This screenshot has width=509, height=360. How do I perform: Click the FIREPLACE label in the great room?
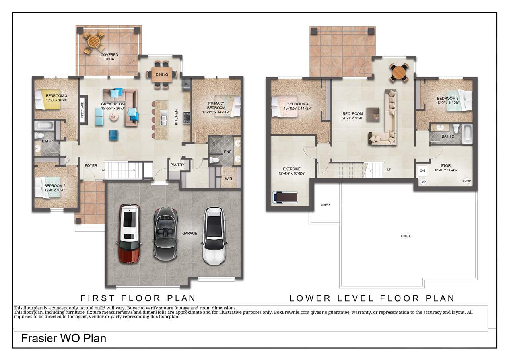(83, 111)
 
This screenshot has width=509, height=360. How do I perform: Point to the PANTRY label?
(177, 165)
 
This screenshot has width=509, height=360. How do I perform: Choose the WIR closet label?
(228, 179)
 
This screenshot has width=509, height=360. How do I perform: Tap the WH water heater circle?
(424, 181)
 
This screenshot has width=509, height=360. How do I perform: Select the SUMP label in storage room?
(466, 181)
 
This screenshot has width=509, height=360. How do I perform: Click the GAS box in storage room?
(422, 171)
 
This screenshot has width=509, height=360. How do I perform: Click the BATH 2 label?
(447, 136)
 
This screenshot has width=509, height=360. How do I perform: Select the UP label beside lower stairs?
(389, 169)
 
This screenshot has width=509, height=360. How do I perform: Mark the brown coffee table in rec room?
(373, 114)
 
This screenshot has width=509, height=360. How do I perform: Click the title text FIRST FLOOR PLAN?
(138, 298)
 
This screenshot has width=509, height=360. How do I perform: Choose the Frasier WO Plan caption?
(64, 339)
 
